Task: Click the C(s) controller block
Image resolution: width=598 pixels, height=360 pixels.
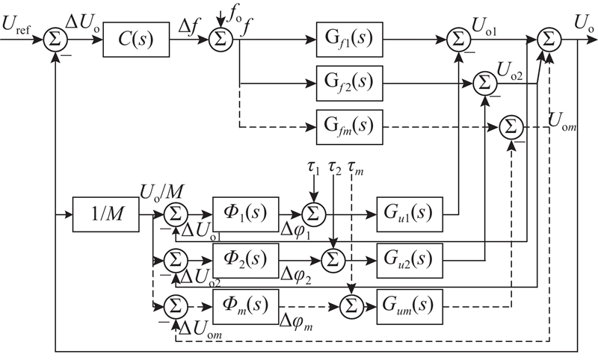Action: (x=136, y=40)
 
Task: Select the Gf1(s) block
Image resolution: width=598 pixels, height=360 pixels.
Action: (x=349, y=40)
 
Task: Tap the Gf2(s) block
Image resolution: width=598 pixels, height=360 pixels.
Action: (x=349, y=84)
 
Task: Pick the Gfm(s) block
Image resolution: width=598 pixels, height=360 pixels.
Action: (x=349, y=127)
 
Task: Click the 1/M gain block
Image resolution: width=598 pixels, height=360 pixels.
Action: (x=106, y=214)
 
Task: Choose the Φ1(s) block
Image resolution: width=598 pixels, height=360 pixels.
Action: (x=246, y=214)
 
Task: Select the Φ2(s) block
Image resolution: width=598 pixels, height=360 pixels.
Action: (x=246, y=261)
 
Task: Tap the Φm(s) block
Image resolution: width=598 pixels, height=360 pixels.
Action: (x=246, y=307)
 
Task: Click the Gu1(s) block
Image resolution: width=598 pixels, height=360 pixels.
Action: (x=410, y=214)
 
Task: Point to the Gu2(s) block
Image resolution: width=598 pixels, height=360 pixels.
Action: (x=410, y=261)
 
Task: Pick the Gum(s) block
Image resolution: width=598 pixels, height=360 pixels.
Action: (x=410, y=307)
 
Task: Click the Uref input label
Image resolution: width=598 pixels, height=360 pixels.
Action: (x=16, y=25)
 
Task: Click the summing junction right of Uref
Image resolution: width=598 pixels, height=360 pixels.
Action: (x=55, y=40)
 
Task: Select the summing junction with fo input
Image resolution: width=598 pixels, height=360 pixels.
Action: (x=221, y=40)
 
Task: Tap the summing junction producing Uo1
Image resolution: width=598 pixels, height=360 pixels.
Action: (x=458, y=40)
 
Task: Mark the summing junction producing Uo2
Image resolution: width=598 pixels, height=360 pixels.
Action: (x=484, y=84)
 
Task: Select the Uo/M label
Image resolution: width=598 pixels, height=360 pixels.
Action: (x=162, y=192)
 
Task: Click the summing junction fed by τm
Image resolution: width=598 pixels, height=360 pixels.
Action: (x=351, y=307)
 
